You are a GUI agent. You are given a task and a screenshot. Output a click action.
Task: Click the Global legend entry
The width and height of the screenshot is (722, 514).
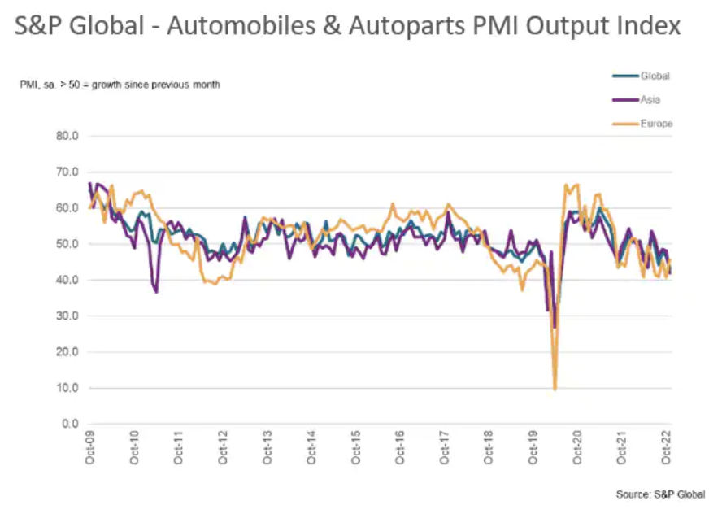click(654, 76)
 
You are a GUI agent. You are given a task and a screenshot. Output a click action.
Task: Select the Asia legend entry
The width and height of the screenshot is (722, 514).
click(650, 100)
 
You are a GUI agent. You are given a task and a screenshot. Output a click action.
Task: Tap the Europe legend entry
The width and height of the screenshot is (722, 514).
click(656, 124)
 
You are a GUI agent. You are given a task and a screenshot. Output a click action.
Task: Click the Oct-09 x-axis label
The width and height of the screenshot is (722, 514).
click(89, 448)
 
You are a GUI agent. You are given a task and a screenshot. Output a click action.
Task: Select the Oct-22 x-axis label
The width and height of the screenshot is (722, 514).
click(666, 448)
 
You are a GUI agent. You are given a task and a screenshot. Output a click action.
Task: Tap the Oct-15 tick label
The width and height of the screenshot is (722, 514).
click(355, 448)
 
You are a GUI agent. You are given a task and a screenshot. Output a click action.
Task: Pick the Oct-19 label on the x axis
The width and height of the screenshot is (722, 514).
click(533, 448)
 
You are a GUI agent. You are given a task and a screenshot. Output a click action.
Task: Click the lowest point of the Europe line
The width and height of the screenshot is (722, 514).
click(555, 390)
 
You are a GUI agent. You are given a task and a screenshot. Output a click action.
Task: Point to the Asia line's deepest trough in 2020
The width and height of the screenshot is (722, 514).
click(555, 327)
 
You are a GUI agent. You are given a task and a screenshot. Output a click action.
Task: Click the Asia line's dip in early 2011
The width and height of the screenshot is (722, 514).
click(155, 291)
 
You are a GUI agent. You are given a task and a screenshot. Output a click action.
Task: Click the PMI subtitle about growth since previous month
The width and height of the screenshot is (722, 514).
click(120, 85)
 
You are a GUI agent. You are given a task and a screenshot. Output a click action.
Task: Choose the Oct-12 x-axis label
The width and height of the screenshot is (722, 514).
click(222, 448)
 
